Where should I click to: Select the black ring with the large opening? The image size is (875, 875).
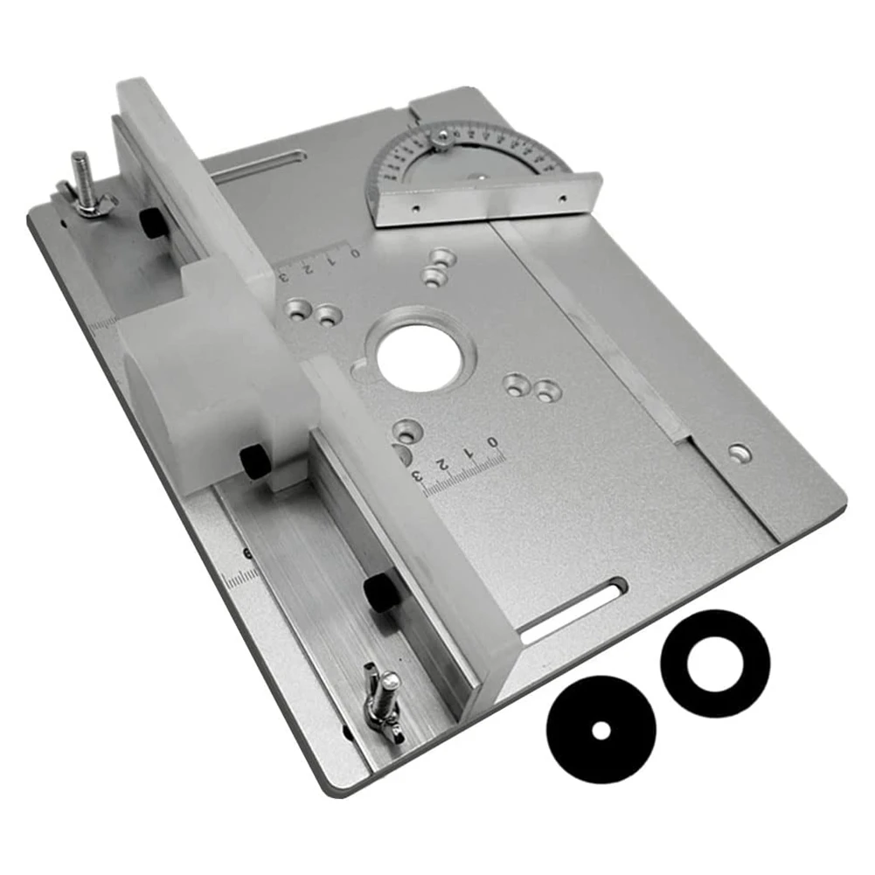point(714,663)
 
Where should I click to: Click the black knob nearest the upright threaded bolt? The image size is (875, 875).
point(154,224)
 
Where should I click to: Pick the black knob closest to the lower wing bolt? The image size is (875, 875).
point(379,594)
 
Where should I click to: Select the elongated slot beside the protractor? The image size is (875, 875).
point(259,166)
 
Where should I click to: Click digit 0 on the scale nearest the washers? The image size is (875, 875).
point(494,441)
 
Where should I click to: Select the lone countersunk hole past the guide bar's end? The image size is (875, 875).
point(740,452)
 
